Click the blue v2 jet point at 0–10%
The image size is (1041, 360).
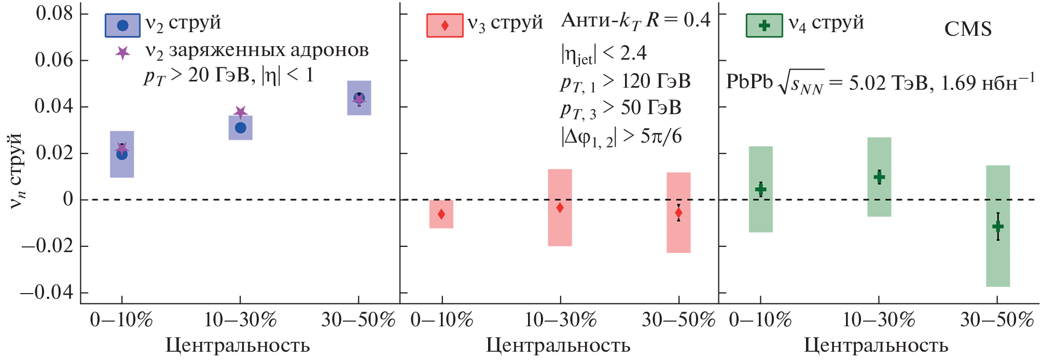click(122, 155)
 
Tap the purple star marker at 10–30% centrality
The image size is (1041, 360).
click(240, 112)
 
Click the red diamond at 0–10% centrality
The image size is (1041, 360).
click(441, 214)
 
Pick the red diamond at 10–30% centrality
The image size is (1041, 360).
click(560, 207)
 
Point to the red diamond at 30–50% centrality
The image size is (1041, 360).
click(678, 213)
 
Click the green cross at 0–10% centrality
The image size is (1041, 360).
click(760, 189)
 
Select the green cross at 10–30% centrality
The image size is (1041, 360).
click(879, 177)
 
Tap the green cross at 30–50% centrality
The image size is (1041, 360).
click(998, 226)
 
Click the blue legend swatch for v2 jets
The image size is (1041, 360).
click(122, 25)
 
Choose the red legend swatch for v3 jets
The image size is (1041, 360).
click(445, 25)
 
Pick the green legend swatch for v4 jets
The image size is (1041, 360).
click(764, 25)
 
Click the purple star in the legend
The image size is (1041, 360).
click(122, 52)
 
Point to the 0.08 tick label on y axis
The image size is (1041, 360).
click(54, 13)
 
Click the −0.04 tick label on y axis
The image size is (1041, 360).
click(47, 293)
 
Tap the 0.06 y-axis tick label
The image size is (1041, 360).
click(54, 60)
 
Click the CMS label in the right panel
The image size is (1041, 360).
click(968, 29)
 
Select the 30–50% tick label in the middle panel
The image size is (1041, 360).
click(678, 320)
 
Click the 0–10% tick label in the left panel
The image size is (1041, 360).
click(121, 320)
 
